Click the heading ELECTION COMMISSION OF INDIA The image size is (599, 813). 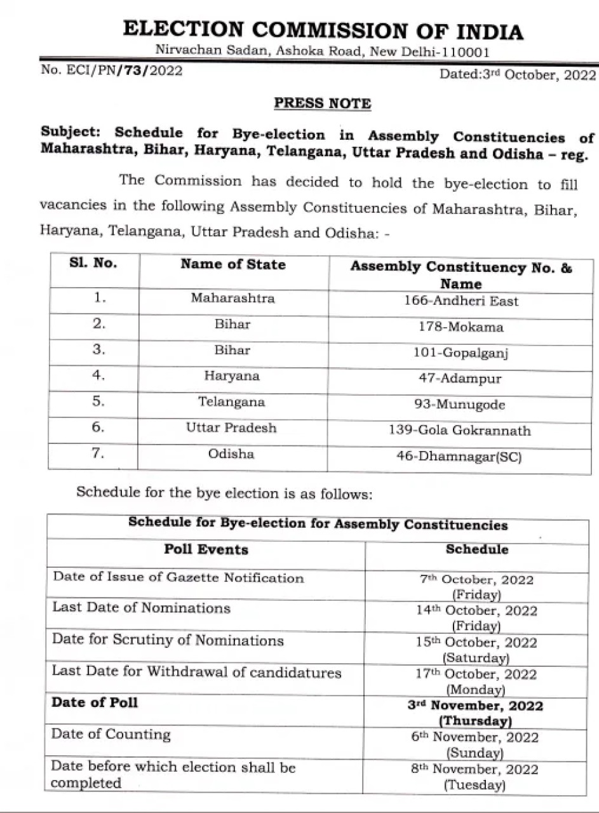point(323,30)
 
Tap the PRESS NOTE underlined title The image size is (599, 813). point(322,103)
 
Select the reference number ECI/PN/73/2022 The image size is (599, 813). point(112,71)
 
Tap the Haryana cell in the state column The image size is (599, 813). point(232,376)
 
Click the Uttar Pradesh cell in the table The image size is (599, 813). point(231,428)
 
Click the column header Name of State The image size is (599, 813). point(233,265)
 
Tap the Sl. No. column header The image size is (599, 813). point(93,264)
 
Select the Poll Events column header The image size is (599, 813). point(206,549)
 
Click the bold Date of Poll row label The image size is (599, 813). point(95,702)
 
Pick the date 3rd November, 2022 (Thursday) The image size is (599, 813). point(476,713)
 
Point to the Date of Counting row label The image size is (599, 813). point(111,735)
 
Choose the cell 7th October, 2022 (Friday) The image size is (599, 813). point(476,587)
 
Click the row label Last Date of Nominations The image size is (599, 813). point(141,608)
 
